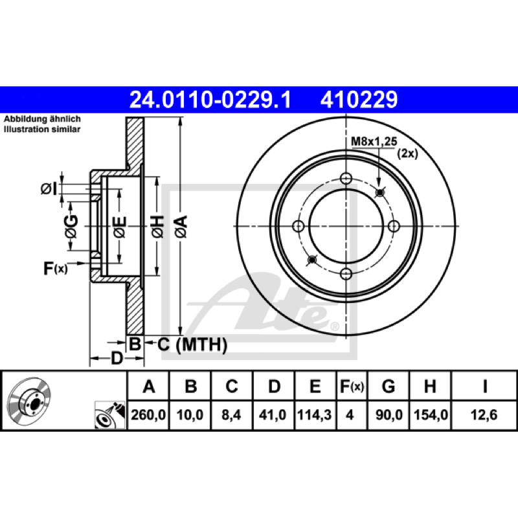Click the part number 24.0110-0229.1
[210, 100]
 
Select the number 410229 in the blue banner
[359, 100]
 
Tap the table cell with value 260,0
[148, 415]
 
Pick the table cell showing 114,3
[315, 415]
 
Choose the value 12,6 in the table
[484, 415]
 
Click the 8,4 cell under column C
[231, 415]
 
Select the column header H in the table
[430, 386]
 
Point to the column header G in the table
[388, 386]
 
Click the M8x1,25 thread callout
[374, 141]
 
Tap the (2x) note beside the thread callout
[407, 153]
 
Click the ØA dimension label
[181, 227]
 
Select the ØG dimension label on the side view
[71, 227]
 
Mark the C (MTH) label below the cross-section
[192, 344]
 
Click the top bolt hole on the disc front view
[346, 179]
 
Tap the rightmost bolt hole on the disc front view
[394, 226]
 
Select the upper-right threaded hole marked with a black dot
[380, 192]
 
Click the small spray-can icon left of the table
[110, 415]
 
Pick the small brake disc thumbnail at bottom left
[28, 399]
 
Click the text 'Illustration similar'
[42, 129]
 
